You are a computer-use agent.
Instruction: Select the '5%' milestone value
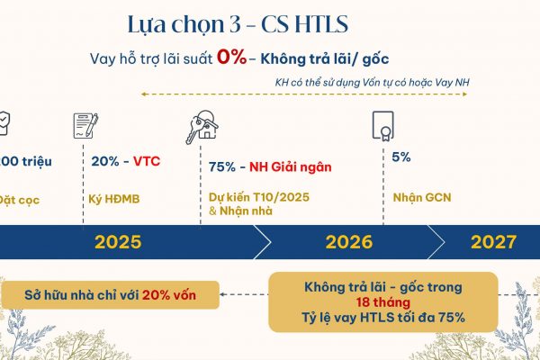tap(401, 157)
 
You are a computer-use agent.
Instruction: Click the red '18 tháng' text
tap(382, 303)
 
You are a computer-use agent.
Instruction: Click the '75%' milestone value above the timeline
tap(223, 166)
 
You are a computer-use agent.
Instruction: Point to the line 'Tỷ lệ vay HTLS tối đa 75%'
tap(382, 319)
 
